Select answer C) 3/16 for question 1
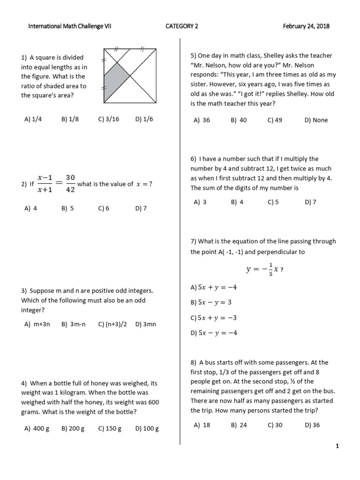[x=109, y=119]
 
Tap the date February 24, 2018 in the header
[x=306, y=26]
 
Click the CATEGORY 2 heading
[x=182, y=26]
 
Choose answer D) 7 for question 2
[x=141, y=209]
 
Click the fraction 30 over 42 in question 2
[x=70, y=184]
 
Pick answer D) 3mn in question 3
[x=145, y=324]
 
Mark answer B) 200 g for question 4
[x=73, y=428]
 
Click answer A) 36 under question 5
[x=202, y=120]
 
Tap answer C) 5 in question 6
[x=273, y=202]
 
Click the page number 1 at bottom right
[x=337, y=446]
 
